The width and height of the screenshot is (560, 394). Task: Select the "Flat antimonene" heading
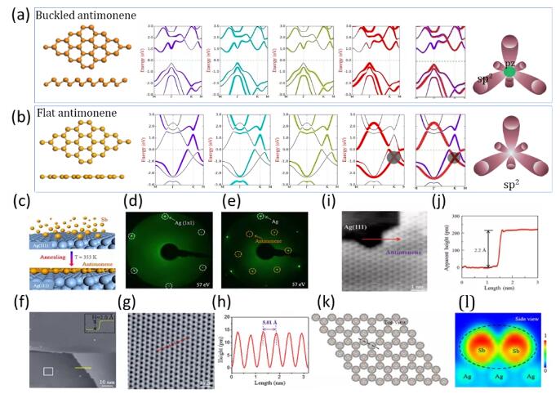[72, 114]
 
